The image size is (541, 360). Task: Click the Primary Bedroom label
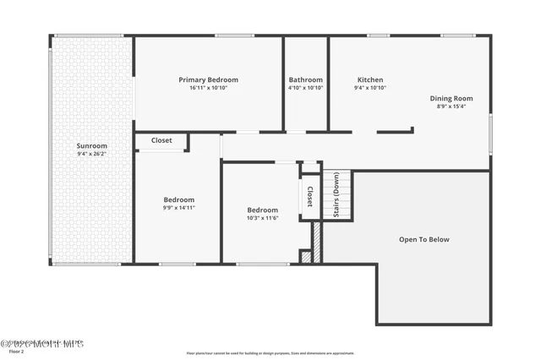tap(208, 79)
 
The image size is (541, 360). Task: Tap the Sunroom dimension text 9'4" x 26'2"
tap(91, 154)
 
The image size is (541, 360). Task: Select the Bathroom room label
tap(305, 79)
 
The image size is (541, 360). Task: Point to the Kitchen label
tap(370, 79)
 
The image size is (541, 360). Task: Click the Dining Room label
tap(451, 98)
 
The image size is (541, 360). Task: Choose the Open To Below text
tap(424, 239)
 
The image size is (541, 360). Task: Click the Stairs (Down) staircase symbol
tap(336, 195)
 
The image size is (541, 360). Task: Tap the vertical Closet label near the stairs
tap(309, 196)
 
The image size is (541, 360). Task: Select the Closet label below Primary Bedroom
tap(161, 141)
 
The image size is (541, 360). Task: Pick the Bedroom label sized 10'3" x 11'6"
tap(262, 210)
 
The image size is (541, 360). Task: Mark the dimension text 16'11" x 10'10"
tap(208, 87)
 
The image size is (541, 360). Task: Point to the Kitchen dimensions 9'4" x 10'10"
tap(370, 87)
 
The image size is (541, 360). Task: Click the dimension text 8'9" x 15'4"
tap(451, 106)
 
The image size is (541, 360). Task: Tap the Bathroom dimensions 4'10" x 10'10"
tap(305, 87)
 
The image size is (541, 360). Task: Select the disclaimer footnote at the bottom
tap(270, 353)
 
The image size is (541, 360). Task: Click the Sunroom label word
tap(91, 145)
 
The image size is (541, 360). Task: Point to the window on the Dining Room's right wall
tap(490, 134)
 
